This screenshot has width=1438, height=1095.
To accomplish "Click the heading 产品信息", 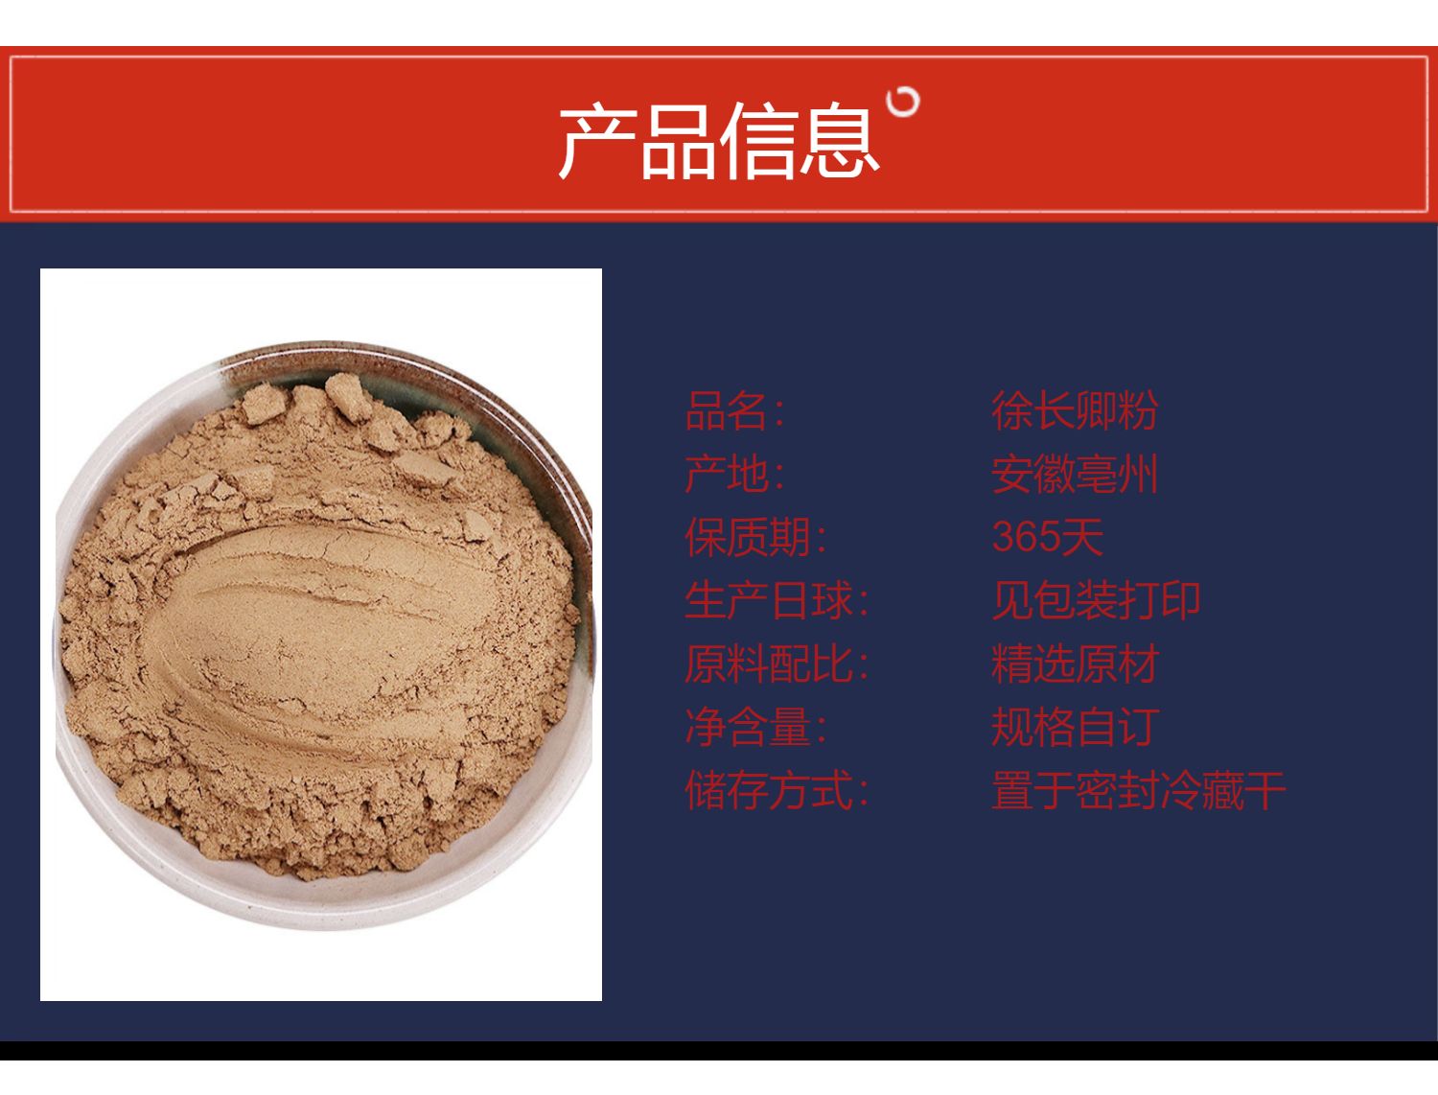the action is [x=718, y=140].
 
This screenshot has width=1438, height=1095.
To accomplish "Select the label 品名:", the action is [x=733, y=411].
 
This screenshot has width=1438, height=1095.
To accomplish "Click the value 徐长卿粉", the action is [x=1075, y=411].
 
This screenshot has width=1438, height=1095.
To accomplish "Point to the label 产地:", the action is [x=733, y=474].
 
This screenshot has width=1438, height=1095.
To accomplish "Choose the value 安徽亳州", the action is [x=1075, y=475].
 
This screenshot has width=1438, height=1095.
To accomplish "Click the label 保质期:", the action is [x=754, y=537].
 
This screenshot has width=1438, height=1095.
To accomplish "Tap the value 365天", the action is [x=1047, y=537].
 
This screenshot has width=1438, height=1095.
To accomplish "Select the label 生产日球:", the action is [x=776, y=600].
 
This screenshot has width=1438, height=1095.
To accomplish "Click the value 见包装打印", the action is [x=1096, y=600].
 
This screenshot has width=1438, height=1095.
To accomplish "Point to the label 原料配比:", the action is [x=776, y=664].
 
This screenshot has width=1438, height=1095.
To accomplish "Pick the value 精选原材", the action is [x=1075, y=664].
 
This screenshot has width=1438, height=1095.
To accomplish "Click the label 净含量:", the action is [x=754, y=727].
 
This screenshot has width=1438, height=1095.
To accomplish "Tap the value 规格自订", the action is [x=1075, y=727].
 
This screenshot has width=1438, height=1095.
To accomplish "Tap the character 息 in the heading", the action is [x=839, y=140].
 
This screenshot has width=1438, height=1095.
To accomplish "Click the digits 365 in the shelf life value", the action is [x=1025, y=537].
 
